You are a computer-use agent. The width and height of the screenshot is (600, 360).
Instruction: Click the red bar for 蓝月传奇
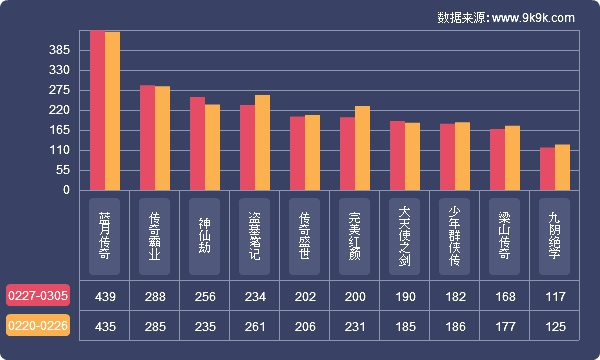[x=97, y=110]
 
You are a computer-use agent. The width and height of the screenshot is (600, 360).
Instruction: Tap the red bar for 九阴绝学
[x=547, y=169]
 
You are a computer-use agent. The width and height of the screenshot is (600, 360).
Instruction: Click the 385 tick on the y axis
[x=59, y=50]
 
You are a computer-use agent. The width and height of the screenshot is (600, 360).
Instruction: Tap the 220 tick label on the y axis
[x=59, y=110]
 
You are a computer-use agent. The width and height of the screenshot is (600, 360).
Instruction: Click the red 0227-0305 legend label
[x=38, y=296]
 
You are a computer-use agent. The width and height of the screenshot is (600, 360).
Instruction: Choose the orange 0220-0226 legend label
[x=38, y=326]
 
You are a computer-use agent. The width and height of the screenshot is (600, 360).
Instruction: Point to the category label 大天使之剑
[x=404, y=236]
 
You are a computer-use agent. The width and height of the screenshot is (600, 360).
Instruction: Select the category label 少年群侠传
[x=454, y=236]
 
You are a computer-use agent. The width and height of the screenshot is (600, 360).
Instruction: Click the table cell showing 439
[x=105, y=296]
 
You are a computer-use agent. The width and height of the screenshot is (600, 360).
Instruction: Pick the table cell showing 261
[x=255, y=326]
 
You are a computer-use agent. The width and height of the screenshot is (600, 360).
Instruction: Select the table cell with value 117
[x=554, y=296]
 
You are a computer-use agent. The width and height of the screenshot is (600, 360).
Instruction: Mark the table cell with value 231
[x=355, y=326]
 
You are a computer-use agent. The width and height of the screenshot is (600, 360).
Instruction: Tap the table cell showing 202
[x=305, y=296]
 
